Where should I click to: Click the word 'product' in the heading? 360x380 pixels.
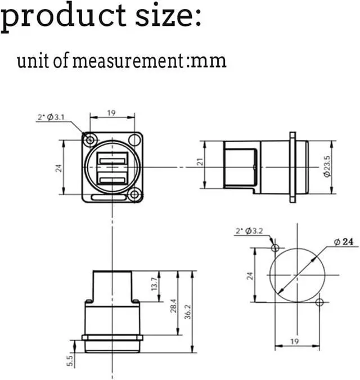click(64, 17)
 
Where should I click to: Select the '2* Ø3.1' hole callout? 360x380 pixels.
click(51, 117)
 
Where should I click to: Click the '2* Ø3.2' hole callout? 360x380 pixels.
click(249, 230)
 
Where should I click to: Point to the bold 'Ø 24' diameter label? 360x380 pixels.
click(344, 242)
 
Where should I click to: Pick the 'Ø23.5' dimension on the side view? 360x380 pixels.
click(327, 166)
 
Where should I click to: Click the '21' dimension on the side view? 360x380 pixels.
click(200, 162)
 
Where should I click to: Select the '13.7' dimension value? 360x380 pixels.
click(154, 284)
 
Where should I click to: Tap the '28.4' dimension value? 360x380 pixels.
click(173, 306)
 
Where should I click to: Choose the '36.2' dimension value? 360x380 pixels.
click(188, 312)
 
